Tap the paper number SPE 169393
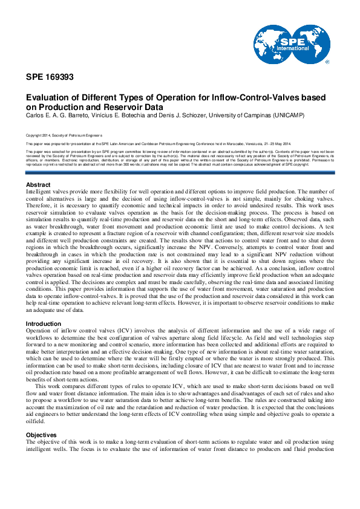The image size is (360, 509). click(x=50, y=77)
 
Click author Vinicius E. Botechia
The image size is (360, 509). click(x=122, y=115)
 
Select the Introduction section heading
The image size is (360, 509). click(x=44, y=323)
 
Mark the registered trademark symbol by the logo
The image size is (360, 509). click(x=327, y=62)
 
